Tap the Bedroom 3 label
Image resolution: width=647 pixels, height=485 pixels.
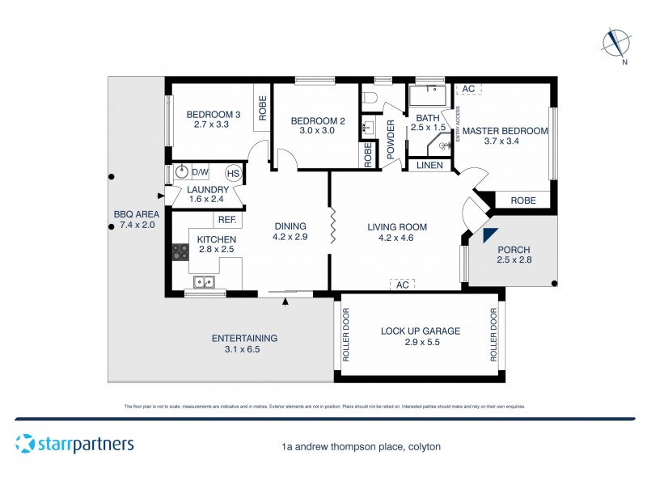coord(214,114)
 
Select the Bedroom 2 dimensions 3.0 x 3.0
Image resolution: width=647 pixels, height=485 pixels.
coord(318,131)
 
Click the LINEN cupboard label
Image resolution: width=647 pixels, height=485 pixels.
coord(429,166)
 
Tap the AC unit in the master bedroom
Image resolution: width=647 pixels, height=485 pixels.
coord(469,89)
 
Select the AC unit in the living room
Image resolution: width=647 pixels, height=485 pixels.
coord(402,285)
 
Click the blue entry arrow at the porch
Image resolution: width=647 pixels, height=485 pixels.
coord(488,235)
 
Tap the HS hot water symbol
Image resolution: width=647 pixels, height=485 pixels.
coord(233,173)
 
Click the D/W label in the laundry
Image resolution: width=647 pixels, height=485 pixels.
coord(200,172)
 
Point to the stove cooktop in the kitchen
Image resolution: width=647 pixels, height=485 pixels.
coord(180,253)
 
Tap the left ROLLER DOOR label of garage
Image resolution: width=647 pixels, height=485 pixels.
coord(346,335)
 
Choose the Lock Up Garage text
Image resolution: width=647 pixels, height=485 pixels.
coord(420,331)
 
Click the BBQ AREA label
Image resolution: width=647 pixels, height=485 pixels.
coord(136,214)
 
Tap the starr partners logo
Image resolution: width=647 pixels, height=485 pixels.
coord(74,444)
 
